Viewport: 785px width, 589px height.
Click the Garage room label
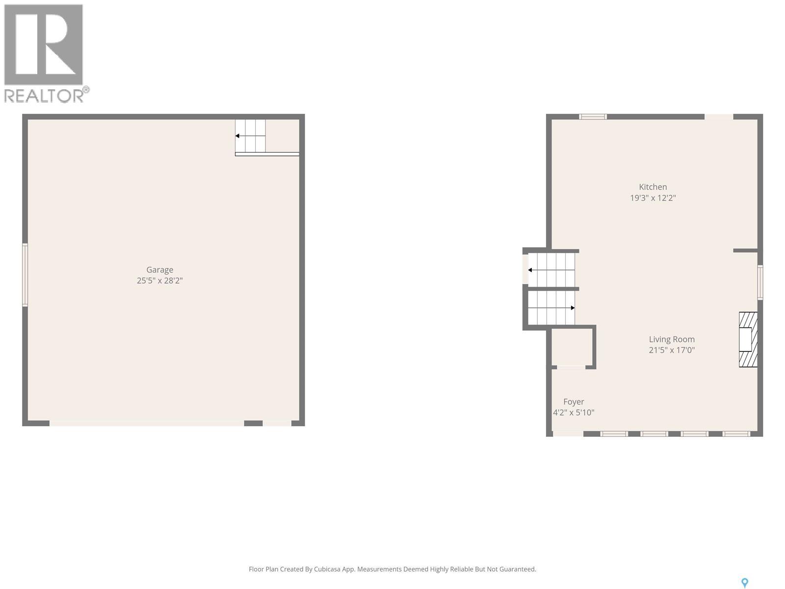(159, 269)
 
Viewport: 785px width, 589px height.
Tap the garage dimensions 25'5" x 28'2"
(159, 281)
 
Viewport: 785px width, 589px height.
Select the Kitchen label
(653, 187)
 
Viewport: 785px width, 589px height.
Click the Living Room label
(672, 339)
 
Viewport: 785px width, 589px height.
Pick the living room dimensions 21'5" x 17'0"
(672, 350)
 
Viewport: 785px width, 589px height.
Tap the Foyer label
(574, 402)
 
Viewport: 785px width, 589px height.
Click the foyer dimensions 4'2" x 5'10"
(574, 413)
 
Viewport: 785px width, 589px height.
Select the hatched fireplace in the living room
(748, 339)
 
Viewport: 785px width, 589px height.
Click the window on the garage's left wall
(25, 275)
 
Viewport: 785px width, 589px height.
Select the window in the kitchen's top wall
(593, 117)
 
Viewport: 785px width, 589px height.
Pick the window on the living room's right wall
(760, 282)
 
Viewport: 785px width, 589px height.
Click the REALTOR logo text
(44, 95)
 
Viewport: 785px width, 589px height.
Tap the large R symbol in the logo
(43, 44)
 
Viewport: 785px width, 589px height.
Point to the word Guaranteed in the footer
(518, 569)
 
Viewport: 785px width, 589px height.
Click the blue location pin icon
(744, 583)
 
